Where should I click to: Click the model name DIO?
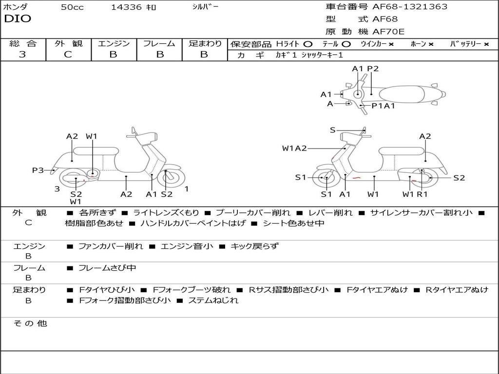tap(17, 19)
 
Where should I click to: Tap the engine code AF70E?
tap(388, 32)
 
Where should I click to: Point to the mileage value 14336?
tap(126, 7)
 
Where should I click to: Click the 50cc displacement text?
tap(72, 7)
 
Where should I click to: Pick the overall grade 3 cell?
tap(22, 55)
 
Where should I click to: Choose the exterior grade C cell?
tap(68, 55)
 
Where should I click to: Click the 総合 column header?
tap(22, 44)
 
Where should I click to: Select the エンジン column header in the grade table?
tap(114, 44)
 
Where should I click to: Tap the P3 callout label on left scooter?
tap(38, 170)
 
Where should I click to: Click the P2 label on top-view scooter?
tap(373, 69)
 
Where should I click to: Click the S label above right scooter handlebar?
tap(332, 130)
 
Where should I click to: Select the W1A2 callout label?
tap(294, 149)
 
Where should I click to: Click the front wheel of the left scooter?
tap(169, 178)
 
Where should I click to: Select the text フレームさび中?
tap(107, 268)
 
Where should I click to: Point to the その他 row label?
tap(30, 323)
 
